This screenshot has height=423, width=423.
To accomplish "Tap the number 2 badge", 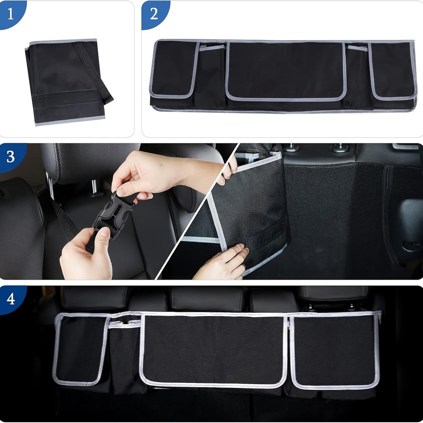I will pos(154,13).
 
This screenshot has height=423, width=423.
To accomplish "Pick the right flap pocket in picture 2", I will pos(392,70).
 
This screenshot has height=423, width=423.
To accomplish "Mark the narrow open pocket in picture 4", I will pos(124,355).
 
